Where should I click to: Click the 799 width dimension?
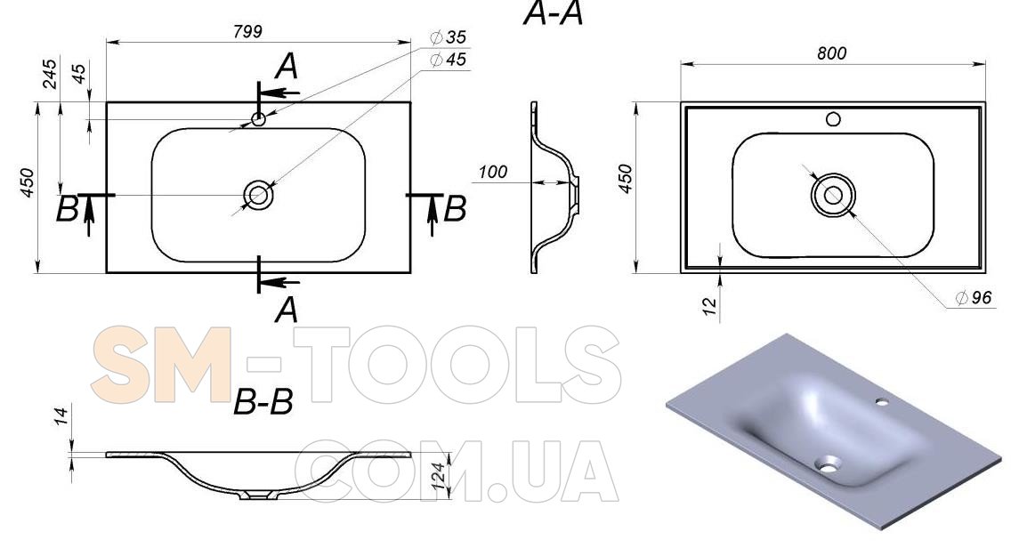(x=247, y=32)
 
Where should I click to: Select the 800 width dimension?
(x=832, y=53)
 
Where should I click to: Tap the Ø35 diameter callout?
(x=449, y=37)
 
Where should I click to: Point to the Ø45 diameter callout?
(x=449, y=60)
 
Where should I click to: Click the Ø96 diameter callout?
(x=974, y=297)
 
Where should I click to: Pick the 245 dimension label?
(x=50, y=74)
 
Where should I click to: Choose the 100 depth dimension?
(x=493, y=172)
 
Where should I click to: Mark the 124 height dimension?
(x=439, y=476)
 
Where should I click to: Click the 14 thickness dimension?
(x=61, y=416)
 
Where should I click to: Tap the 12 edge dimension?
(x=709, y=304)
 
